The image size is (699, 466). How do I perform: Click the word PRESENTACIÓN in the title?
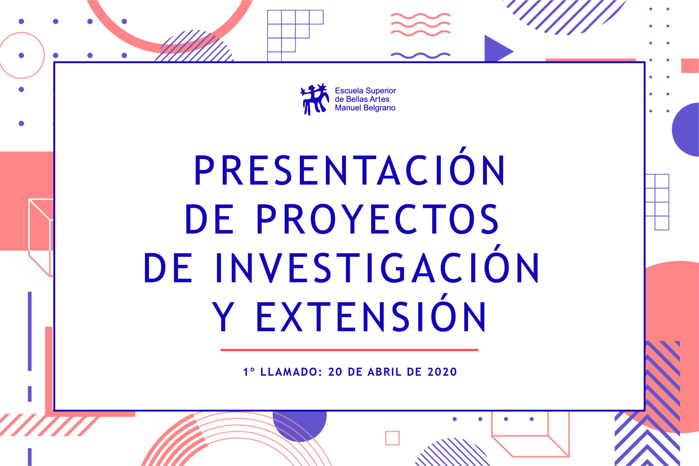(349, 170)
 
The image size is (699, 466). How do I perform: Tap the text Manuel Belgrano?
(365, 108)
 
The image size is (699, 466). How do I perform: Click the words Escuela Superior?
(365, 90)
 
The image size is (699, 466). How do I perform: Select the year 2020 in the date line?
(442, 372)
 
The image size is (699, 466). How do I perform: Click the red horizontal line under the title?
(349, 350)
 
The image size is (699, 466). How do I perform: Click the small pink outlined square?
(392, 438)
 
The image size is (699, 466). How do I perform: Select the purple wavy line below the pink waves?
(420, 56)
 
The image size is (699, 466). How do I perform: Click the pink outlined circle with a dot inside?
(22, 56)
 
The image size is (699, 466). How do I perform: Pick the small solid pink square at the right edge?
(689, 65)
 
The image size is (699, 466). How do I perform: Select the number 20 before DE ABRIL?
(335, 372)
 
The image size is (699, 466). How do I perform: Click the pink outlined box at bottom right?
(530, 434)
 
